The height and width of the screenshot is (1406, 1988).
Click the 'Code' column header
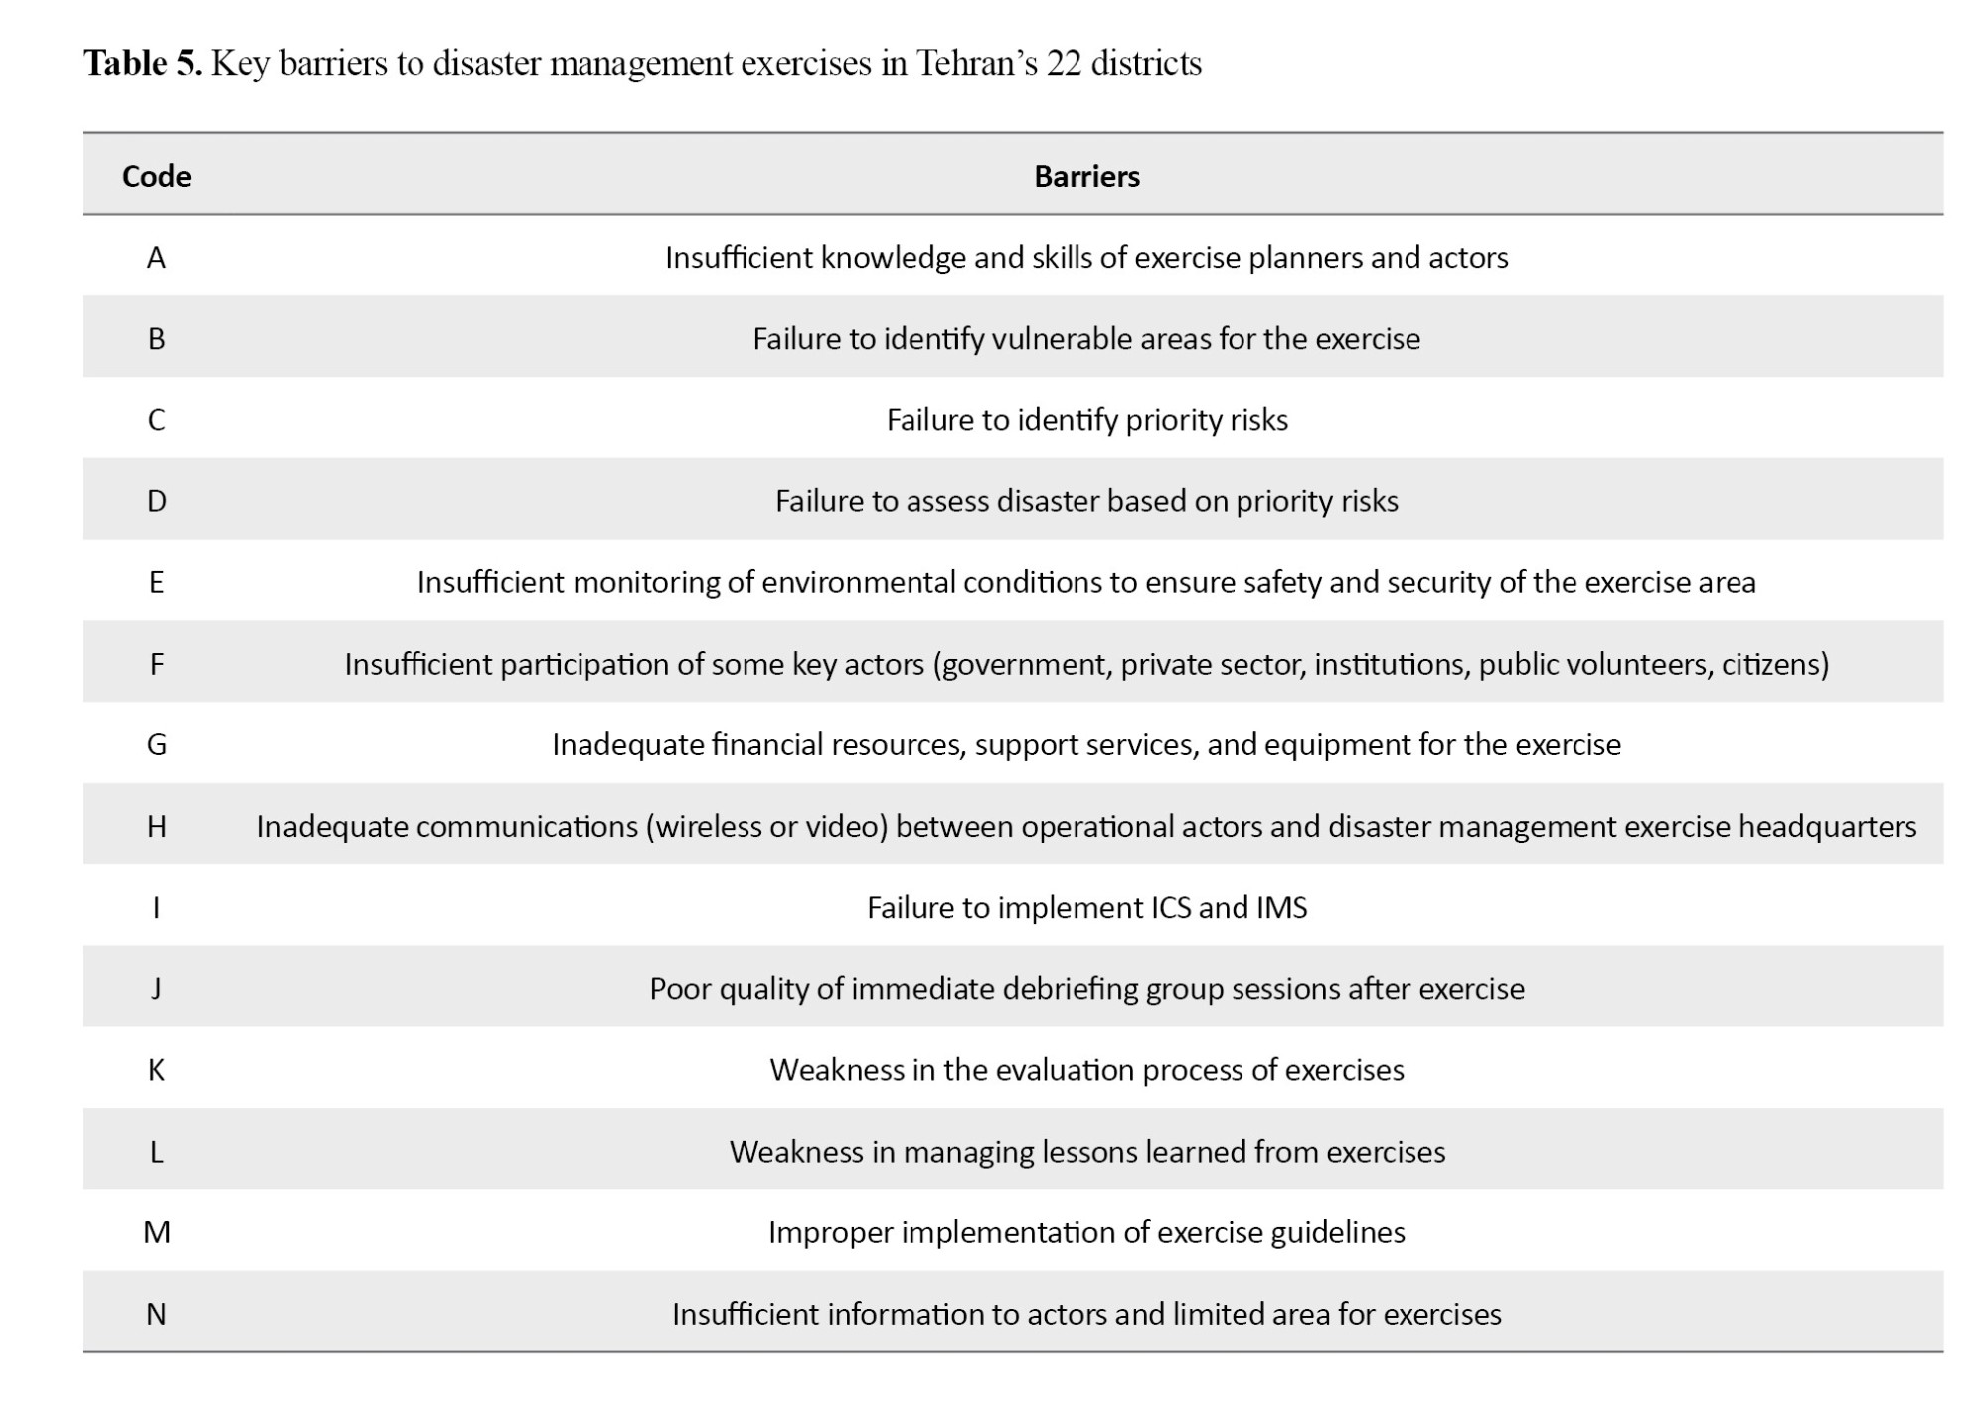(156, 176)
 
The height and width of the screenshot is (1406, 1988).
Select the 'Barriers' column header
(1086, 176)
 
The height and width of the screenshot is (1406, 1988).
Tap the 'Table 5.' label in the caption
(142, 63)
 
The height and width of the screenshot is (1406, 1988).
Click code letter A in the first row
(156, 258)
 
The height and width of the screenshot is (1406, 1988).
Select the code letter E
(156, 582)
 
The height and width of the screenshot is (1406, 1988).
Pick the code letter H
(156, 826)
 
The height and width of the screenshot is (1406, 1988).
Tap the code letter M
(157, 1232)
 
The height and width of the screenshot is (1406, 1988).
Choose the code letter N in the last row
(156, 1314)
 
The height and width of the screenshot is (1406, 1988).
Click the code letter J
(156, 988)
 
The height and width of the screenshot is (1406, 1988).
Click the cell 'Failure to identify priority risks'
(1086, 420)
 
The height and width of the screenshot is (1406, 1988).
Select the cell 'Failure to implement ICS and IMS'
(1086, 907)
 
